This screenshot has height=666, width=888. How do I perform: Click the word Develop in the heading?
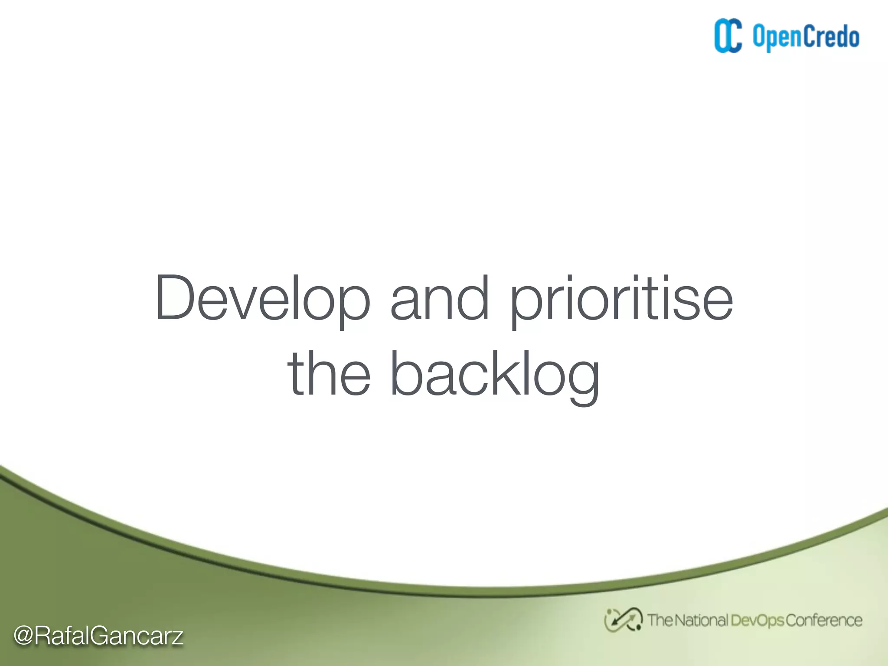263,299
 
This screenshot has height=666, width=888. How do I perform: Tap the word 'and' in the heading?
440,299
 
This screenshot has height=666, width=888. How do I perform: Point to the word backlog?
495,375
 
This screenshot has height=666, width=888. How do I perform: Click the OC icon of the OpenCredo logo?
728,36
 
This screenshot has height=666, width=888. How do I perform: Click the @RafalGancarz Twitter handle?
98,636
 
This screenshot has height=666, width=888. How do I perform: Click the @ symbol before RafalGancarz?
23,636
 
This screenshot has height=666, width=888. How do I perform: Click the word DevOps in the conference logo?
757,620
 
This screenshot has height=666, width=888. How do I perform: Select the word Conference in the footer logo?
823,620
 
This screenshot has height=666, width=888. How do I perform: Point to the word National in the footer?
701,620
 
